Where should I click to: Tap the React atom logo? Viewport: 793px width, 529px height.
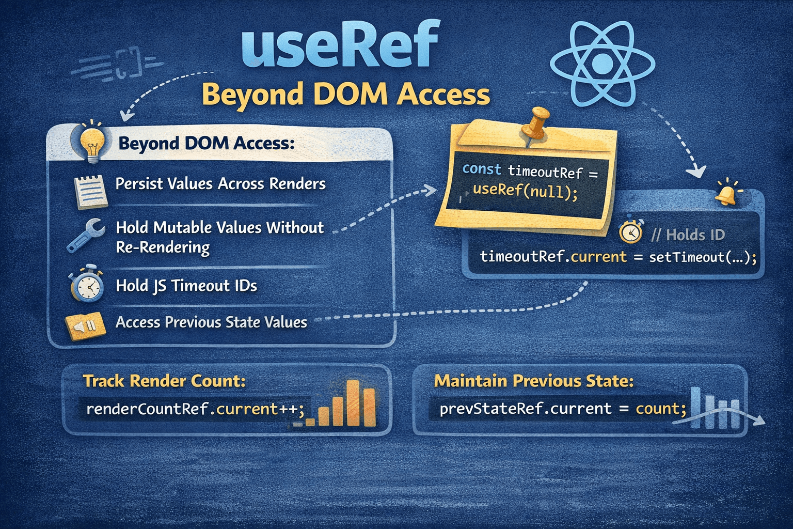pyautogui.click(x=602, y=64)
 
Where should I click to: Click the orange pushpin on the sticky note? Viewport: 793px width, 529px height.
pyautogui.click(x=534, y=124)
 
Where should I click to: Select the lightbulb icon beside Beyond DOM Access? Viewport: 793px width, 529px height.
pyautogui.click(x=92, y=142)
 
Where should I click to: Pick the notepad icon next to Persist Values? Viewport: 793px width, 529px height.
pyautogui.click(x=91, y=192)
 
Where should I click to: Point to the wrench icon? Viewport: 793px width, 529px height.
pyautogui.click(x=86, y=235)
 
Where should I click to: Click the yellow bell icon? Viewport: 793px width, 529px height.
pyautogui.click(x=726, y=194)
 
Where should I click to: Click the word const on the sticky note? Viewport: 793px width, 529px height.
pyautogui.click(x=481, y=169)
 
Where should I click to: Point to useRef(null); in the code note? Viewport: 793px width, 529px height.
pyautogui.click(x=525, y=191)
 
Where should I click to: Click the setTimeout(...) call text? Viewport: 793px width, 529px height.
pyautogui.click(x=702, y=257)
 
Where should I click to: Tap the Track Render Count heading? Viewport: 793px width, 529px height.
pyautogui.click(x=164, y=381)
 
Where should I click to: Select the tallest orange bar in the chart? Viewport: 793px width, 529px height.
pyautogui.click(x=353, y=403)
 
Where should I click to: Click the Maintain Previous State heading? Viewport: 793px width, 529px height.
pyautogui.click(x=534, y=381)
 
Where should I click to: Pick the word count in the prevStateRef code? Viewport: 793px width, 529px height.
pyautogui.click(x=660, y=409)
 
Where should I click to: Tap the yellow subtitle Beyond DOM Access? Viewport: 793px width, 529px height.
pyautogui.click(x=345, y=95)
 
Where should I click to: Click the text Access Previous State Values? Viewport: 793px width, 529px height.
pyautogui.click(x=211, y=322)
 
